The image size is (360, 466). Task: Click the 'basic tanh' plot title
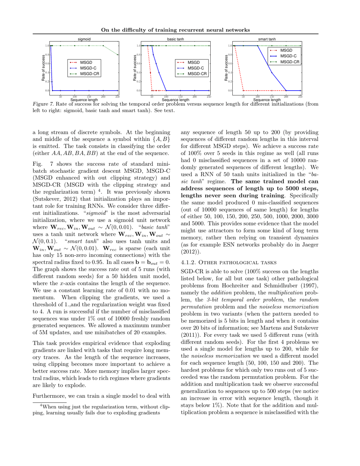(175, 39)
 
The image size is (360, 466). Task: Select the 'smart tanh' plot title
(267, 39)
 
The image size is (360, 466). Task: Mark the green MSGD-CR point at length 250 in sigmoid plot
(117, 55)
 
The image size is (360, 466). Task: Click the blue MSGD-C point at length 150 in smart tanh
(272, 72)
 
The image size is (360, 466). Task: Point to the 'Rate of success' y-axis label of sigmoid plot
(43, 68)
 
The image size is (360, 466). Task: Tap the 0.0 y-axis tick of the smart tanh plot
(230, 91)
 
